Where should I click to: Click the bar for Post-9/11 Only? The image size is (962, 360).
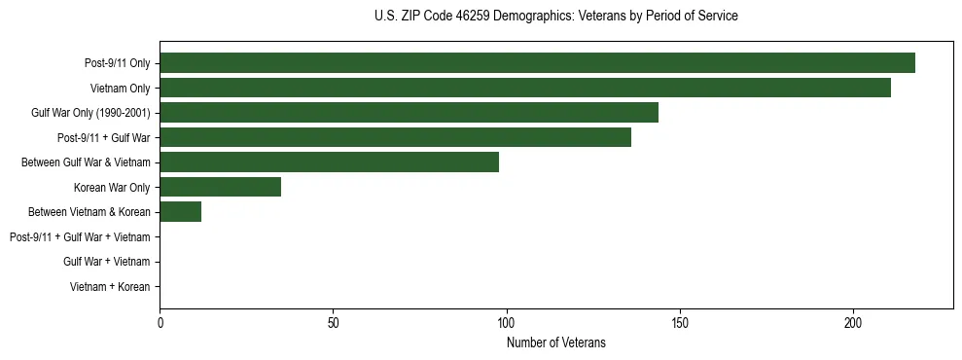tap(537, 63)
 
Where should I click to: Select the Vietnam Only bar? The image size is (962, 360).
tap(525, 88)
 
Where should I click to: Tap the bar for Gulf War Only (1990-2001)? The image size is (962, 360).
tap(409, 113)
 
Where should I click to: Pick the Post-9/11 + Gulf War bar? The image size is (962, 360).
tap(395, 137)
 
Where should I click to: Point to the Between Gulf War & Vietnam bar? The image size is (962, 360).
tap(329, 162)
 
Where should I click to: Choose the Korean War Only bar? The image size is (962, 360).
tap(220, 187)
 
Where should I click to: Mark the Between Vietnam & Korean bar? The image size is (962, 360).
tap(180, 211)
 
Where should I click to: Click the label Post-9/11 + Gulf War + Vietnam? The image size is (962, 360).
tap(80, 236)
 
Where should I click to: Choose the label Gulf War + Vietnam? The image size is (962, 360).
tap(107, 262)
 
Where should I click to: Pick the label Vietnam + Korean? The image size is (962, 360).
tap(110, 286)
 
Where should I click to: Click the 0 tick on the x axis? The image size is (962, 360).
tap(160, 322)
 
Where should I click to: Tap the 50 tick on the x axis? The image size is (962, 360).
tap(333, 322)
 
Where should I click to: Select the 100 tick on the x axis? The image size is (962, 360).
tap(506, 322)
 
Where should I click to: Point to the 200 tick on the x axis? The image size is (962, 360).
tap(853, 322)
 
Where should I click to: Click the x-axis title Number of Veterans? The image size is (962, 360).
tap(555, 342)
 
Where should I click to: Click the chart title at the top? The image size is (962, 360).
tap(555, 16)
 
